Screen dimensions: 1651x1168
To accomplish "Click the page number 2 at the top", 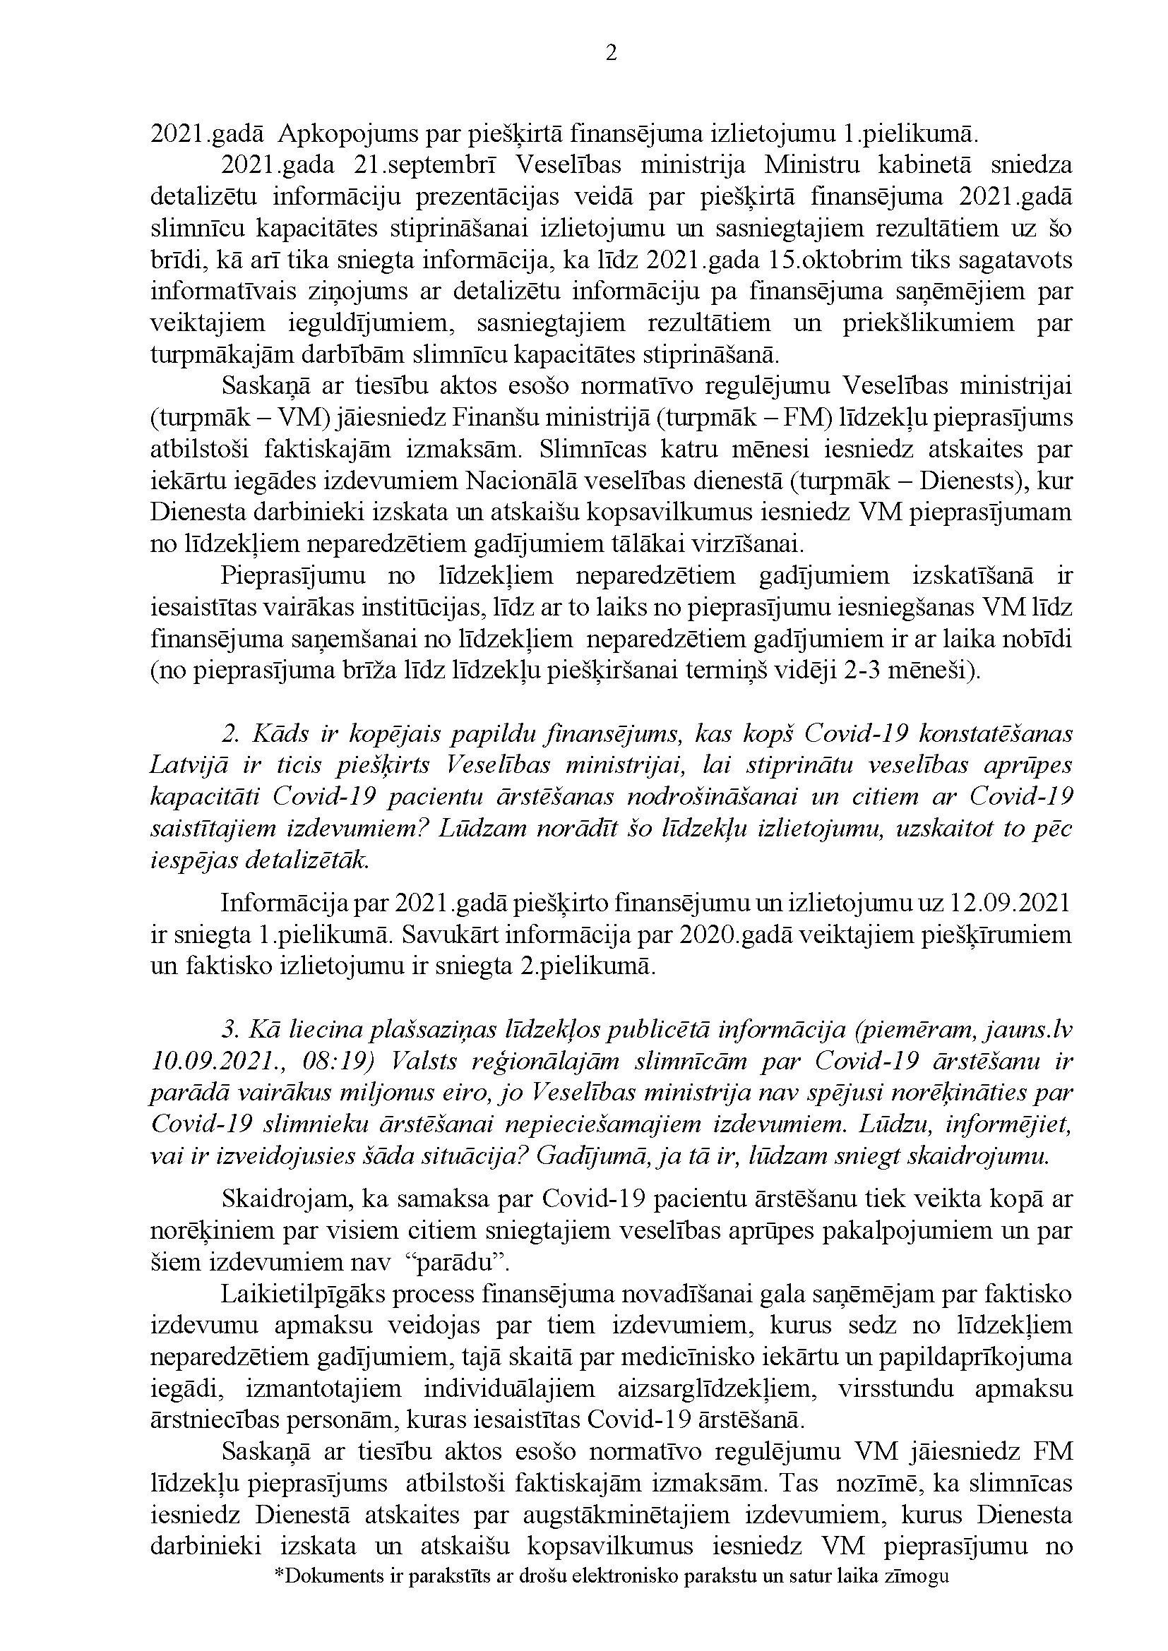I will pos(612,53).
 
